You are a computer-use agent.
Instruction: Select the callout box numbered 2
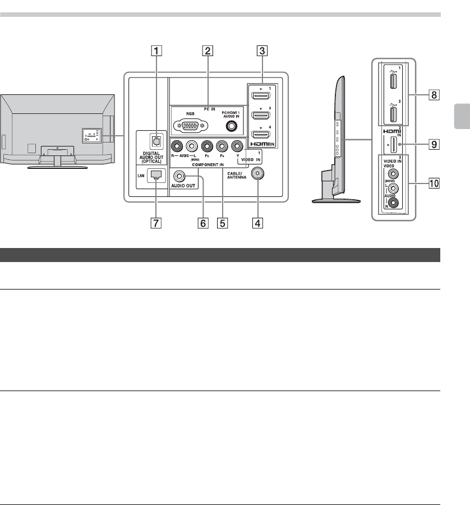coord(208,50)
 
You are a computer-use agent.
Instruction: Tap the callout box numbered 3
coord(261,50)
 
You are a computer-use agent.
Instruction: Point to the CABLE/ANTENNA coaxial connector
coord(257,173)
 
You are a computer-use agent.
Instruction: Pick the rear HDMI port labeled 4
coord(260,135)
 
